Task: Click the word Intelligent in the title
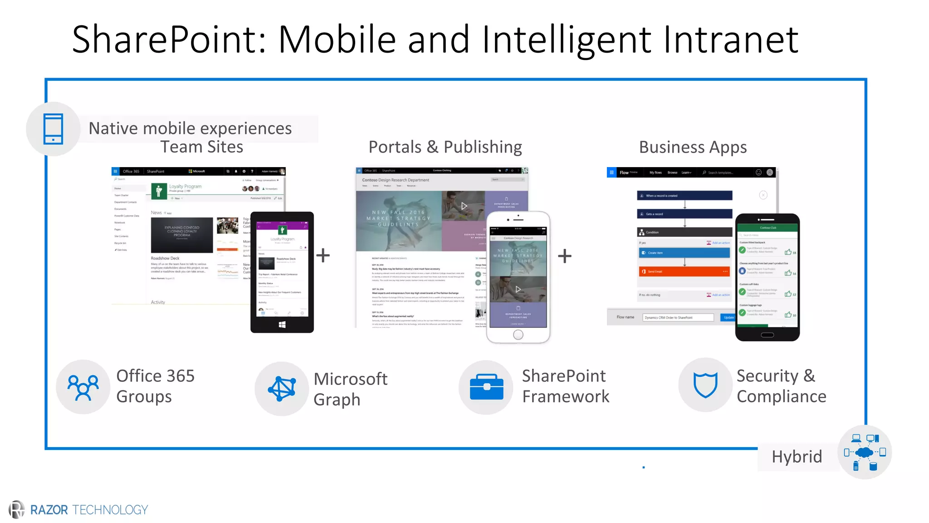567,40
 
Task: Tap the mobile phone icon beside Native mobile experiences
53,129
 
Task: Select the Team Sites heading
201,147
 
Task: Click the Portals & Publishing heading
445,147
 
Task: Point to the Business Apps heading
693,148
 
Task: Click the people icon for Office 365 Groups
83,387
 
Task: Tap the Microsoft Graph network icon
282,389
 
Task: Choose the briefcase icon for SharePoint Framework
486,387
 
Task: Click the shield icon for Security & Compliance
705,385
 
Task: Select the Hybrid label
797,457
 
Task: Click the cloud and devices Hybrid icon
865,452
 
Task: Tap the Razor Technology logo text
89,510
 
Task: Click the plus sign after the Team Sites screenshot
323,256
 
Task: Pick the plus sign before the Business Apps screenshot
565,257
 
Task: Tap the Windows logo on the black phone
282,325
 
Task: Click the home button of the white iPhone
518,335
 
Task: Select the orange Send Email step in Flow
684,271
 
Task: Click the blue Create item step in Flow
684,253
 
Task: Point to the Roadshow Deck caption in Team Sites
165,258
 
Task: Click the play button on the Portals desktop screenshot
464,206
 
